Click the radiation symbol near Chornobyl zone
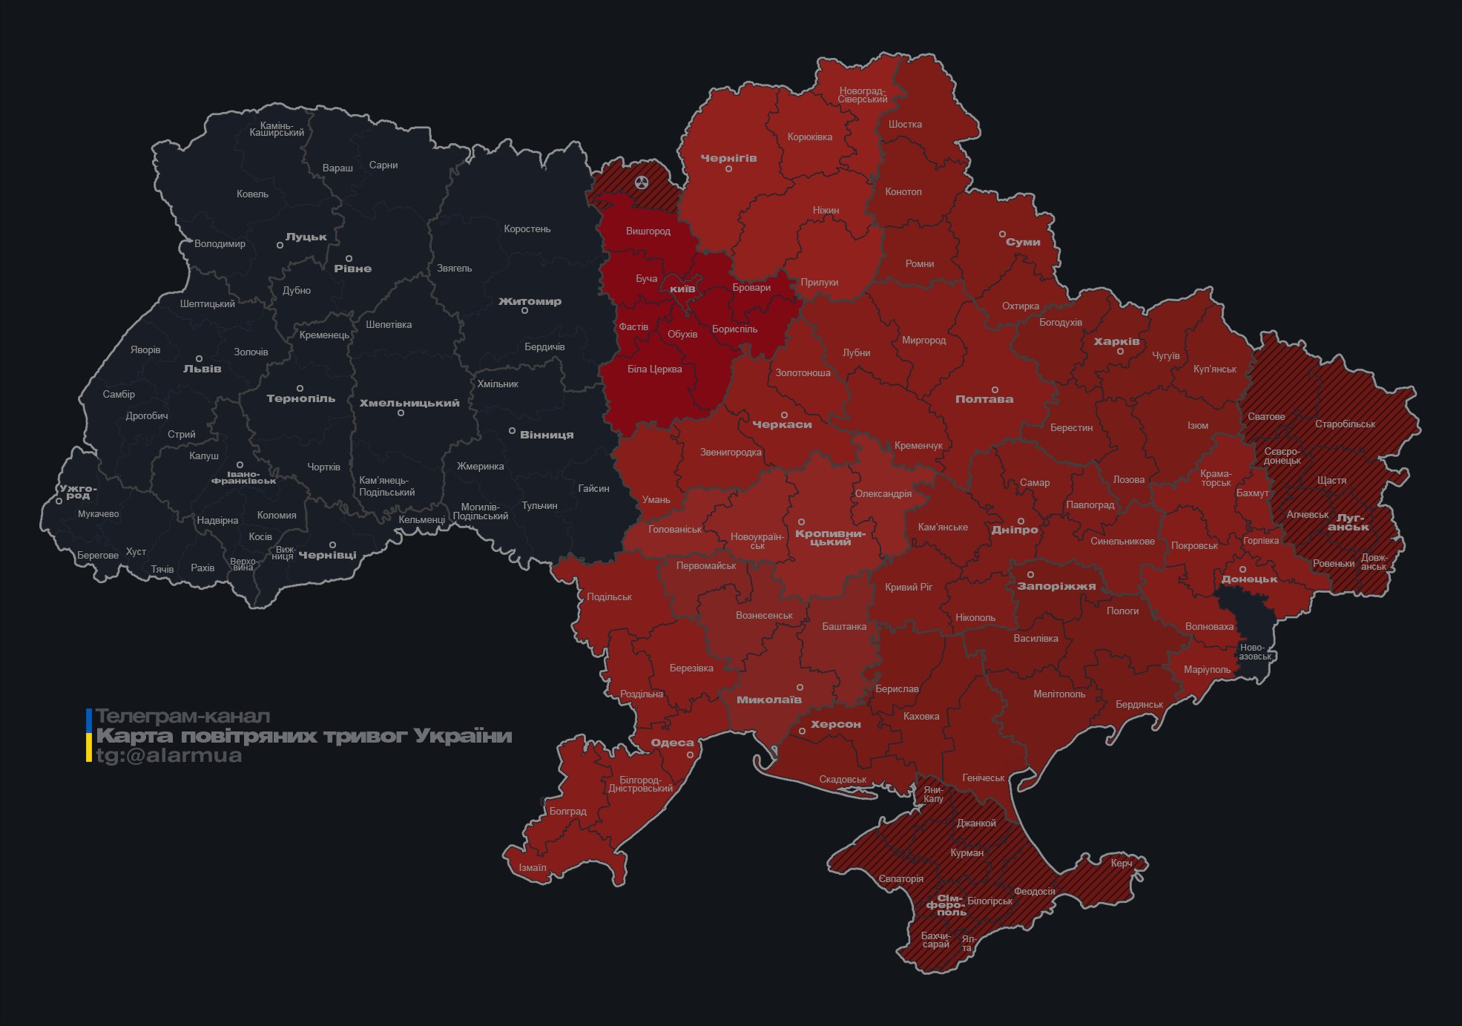pyautogui.click(x=642, y=182)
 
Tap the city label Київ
pyautogui.click(x=682, y=288)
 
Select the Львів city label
pyautogui.click(x=202, y=369)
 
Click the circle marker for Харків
pyautogui.click(x=1120, y=352)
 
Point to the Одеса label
pyautogui.click(x=672, y=743)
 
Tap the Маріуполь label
pyautogui.click(x=1207, y=670)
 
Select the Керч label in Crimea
pyautogui.click(x=1122, y=863)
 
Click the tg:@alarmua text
pyautogui.click(x=168, y=755)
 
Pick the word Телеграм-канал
pyautogui.click(x=182, y=717)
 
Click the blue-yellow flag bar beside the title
pyautogui.click(x=89, y=735)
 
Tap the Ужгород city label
pyautogui.click(x=78, y=491)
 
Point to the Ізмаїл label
pyautogui.click(x=533, y=867)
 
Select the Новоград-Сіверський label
pyautogui.click(x=863, y=95)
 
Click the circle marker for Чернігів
pyautogui.click(x=728, y=169)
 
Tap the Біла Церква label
pyautogui.click(x=654, y=369)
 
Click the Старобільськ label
pyautogui.click(x=1345, y=424)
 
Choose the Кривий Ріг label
pyautogui.click(x=909, y=587)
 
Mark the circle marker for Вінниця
pyautogui.click(x=512, y=431)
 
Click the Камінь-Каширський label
pyautogui.click(x=277, y=129)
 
